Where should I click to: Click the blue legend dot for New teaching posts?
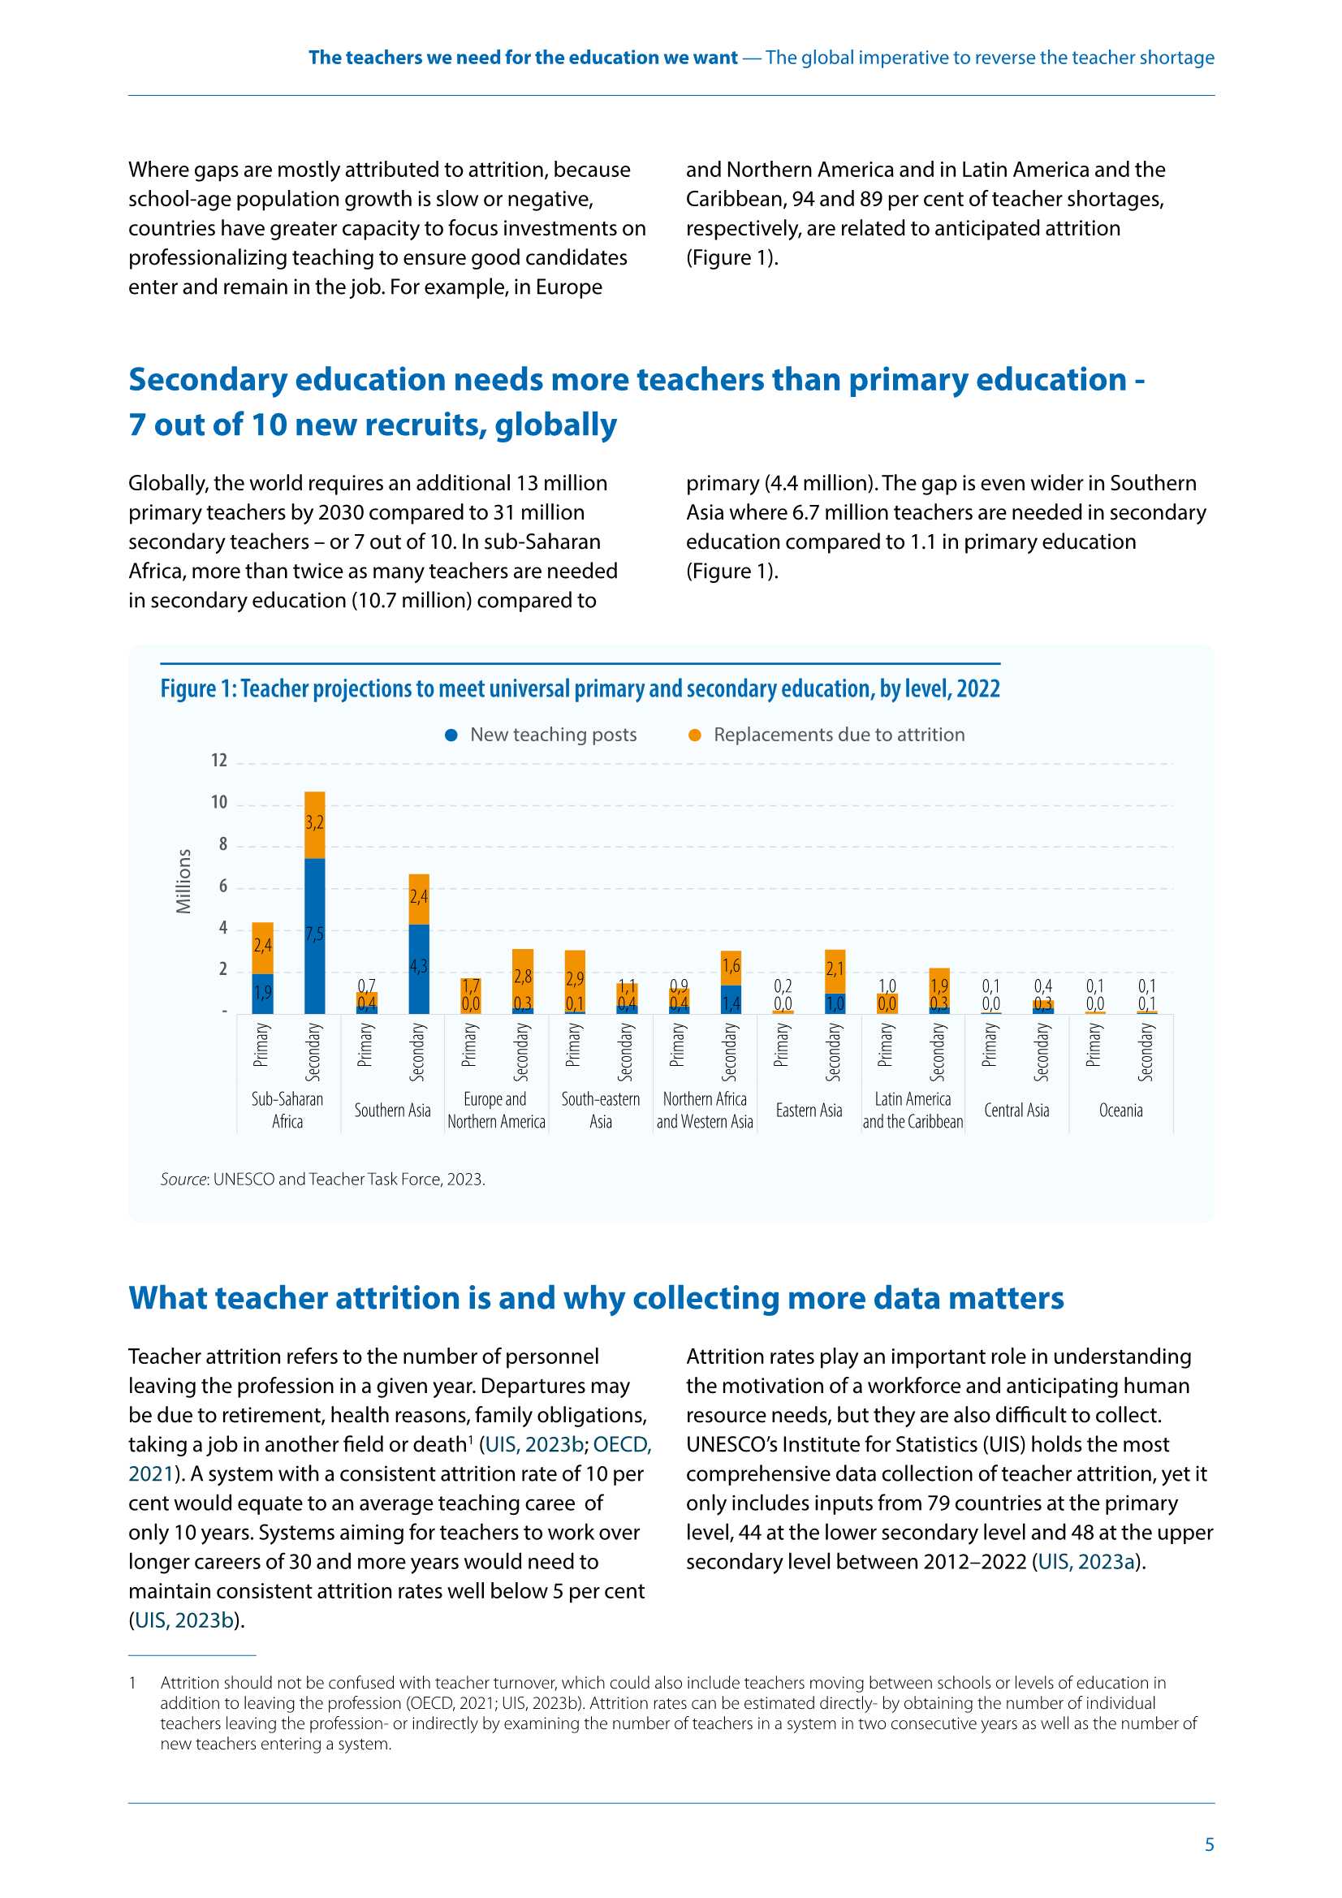pyautogui.click(x=451, y=735)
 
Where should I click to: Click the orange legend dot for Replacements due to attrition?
pyautogui.click(x=696, y=735)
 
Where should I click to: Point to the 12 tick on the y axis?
pyautogui.click(x=219, y=761)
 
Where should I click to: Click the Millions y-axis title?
pyautogui.click(x=183, y=882)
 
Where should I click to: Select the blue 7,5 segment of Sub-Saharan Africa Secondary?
pyautogui.click(x=315, y=936)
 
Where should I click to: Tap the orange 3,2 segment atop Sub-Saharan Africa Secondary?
pyautogui.click(x=315, y=824)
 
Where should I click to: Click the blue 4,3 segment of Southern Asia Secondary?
pyautogui.click(x=419, y=968)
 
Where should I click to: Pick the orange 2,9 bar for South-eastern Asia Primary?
pyautogui.click(x=575, y=981)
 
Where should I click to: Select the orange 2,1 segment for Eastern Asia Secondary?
pyautogui.click(x=835, y=971)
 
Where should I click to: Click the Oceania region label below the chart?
pyautogui.click(x=1120, y=1111)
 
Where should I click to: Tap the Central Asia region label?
pyautogui.click(x=1016, y=1111)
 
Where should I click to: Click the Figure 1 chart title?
pyautogui.click(x=580, y=688)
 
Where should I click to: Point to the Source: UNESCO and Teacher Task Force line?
pyautogui.click(x=322, y=1179)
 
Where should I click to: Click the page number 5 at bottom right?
pyautogui.click(x=1209, y=1844)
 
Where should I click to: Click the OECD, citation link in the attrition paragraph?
pyautogui.click(x=622, y=1444)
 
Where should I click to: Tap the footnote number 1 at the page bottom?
pyautogui.click(x=132, y=1682)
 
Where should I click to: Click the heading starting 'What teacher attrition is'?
pyautogui.click(x=595, y=1298)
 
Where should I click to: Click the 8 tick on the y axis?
pyautogui.click(x=222, y=845)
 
